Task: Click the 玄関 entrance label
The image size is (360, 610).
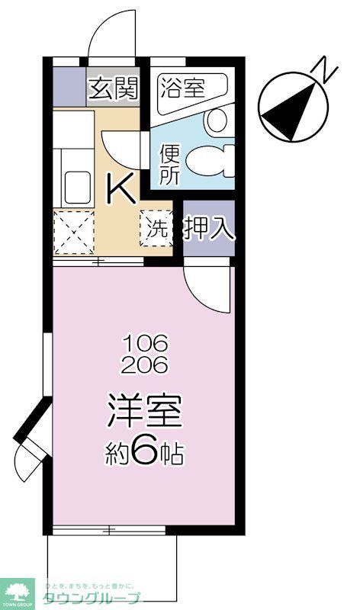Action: tap(115, 89)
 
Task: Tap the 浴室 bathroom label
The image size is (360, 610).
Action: tap(182, 88)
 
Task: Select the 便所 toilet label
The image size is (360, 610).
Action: tap(169, 163)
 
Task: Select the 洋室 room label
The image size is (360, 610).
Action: tap(144, 413)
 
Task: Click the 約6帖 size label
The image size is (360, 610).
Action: tap(144, 453)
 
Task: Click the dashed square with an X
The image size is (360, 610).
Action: tap(73, 232)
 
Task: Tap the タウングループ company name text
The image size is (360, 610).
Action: tap(92, 599)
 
